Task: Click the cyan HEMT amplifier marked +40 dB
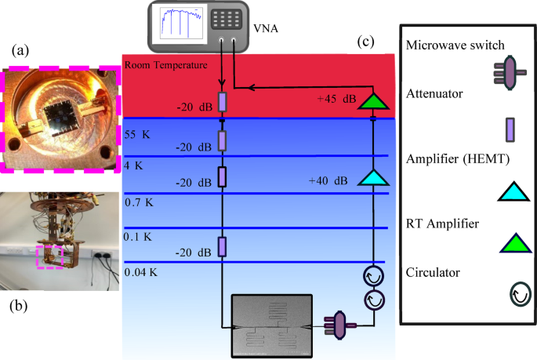pyautogui.click(x=373, y=176)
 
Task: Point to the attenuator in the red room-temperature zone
pyautogui.click(x=222, y=102)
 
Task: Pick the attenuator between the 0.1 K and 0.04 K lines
pyautogui.click(x=222, y=247)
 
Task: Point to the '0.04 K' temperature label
pyautogui.click(x=140, y=272)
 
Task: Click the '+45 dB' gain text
pyautogui.click(x=336, y=100)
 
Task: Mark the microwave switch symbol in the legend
pyautogui.click(x=510, y=73)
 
